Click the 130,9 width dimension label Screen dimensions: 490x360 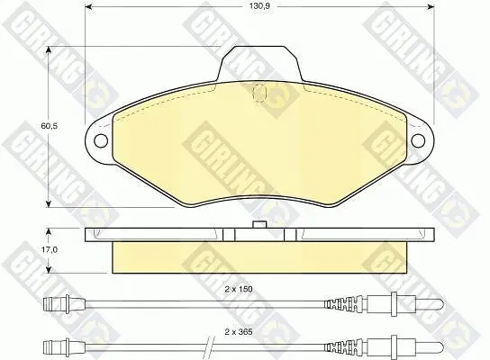click(x=259, y=6)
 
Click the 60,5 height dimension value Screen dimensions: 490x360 click(x=50, y=126)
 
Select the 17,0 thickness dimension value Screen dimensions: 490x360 click(x=49, y=250)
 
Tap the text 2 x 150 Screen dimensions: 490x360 click(x=239, y=289)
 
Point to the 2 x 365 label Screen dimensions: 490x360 click(x=239, y=332)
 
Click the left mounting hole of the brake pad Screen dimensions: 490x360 click(x=101, y=140)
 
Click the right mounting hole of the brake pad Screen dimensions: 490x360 click(x=418, y=140)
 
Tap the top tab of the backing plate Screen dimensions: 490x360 click(x=259, y=63)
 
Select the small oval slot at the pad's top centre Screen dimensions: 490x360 click(x=259, y=93)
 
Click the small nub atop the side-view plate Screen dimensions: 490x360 click(x=259, y=224)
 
